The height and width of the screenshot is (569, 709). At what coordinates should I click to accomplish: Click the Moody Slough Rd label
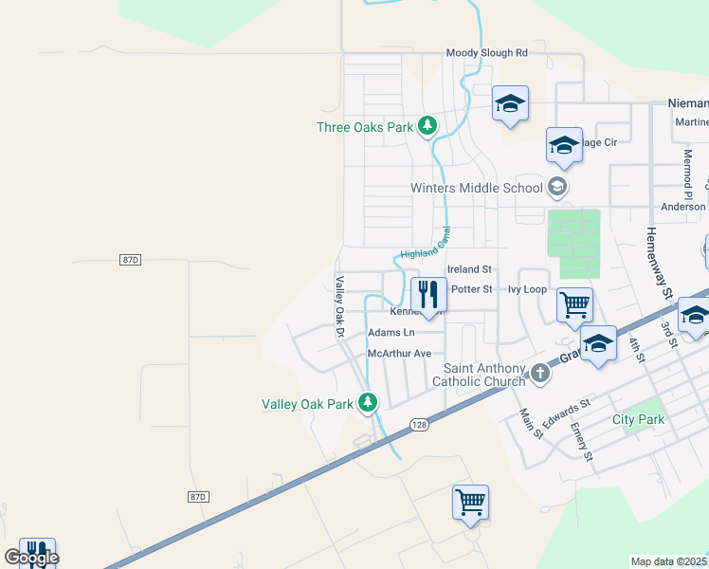click(486, 54)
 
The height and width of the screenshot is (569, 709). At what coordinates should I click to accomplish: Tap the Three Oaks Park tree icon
click(427, 125)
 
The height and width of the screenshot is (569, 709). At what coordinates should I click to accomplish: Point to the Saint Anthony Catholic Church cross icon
click(539, 373)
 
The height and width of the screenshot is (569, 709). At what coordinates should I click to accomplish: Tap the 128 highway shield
click(421, 427)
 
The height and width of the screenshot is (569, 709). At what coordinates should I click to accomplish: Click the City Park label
click(638, 419)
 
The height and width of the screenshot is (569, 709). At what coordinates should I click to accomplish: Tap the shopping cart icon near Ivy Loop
click(574, 305)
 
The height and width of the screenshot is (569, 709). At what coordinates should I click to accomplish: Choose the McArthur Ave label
click(399, 354)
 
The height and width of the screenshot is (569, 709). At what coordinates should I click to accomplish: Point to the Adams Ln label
click(391, 333)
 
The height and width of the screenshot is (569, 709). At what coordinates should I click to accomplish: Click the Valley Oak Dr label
click(338, 306)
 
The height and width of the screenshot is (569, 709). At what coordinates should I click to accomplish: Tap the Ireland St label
click(469, 270)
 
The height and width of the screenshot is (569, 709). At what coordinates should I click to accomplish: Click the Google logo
click(31, 558)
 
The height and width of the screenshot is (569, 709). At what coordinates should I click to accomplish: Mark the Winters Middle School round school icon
click(557, 186)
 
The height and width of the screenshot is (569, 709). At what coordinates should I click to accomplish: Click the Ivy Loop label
click(527, 289)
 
